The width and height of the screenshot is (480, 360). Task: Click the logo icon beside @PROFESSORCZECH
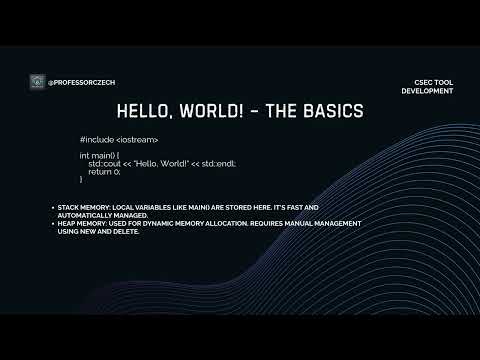click(37, 81)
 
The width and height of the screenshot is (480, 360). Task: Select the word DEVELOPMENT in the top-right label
click(427, 91)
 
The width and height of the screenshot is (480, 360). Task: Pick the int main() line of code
click(100, 157)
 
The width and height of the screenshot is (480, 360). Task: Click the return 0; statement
click(105, 173)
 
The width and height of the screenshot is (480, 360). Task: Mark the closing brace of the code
click(82, 181)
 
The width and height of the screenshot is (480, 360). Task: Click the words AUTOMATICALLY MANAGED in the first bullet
click(103, 215)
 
